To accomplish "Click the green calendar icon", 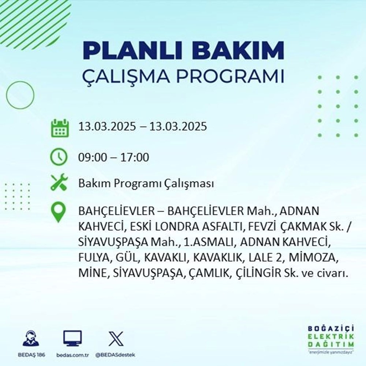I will (x=59, y=128).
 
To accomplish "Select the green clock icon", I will (x=59, y=158).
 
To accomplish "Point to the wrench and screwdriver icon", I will (x=59, y=183).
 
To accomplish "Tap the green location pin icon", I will (x=59, y=213).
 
